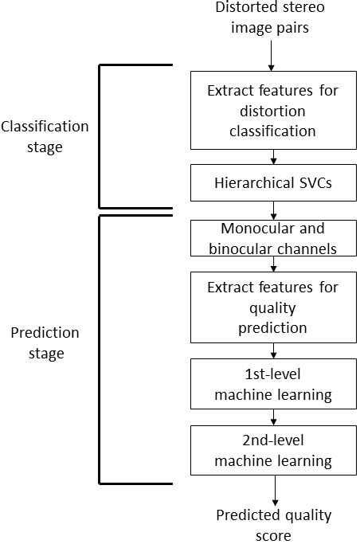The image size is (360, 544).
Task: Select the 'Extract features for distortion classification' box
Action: pos(272,110)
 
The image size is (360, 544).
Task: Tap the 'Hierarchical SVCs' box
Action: pos(272,183)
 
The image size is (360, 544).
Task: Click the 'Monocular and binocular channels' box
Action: pos(272,238)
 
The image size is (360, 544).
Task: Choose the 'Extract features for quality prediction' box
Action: pos(272,307)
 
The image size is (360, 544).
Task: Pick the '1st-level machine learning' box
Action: pos(272,382)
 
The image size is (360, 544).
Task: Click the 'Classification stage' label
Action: pos(45,136)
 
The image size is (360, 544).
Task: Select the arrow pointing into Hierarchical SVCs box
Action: pos(272,156)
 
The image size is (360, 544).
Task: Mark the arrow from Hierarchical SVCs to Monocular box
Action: pos(272,210)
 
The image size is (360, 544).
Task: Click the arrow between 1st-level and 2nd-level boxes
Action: pos(272,416)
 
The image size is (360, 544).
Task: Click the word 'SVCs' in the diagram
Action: pos(317,183)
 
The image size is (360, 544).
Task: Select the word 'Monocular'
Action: pos(241,229)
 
